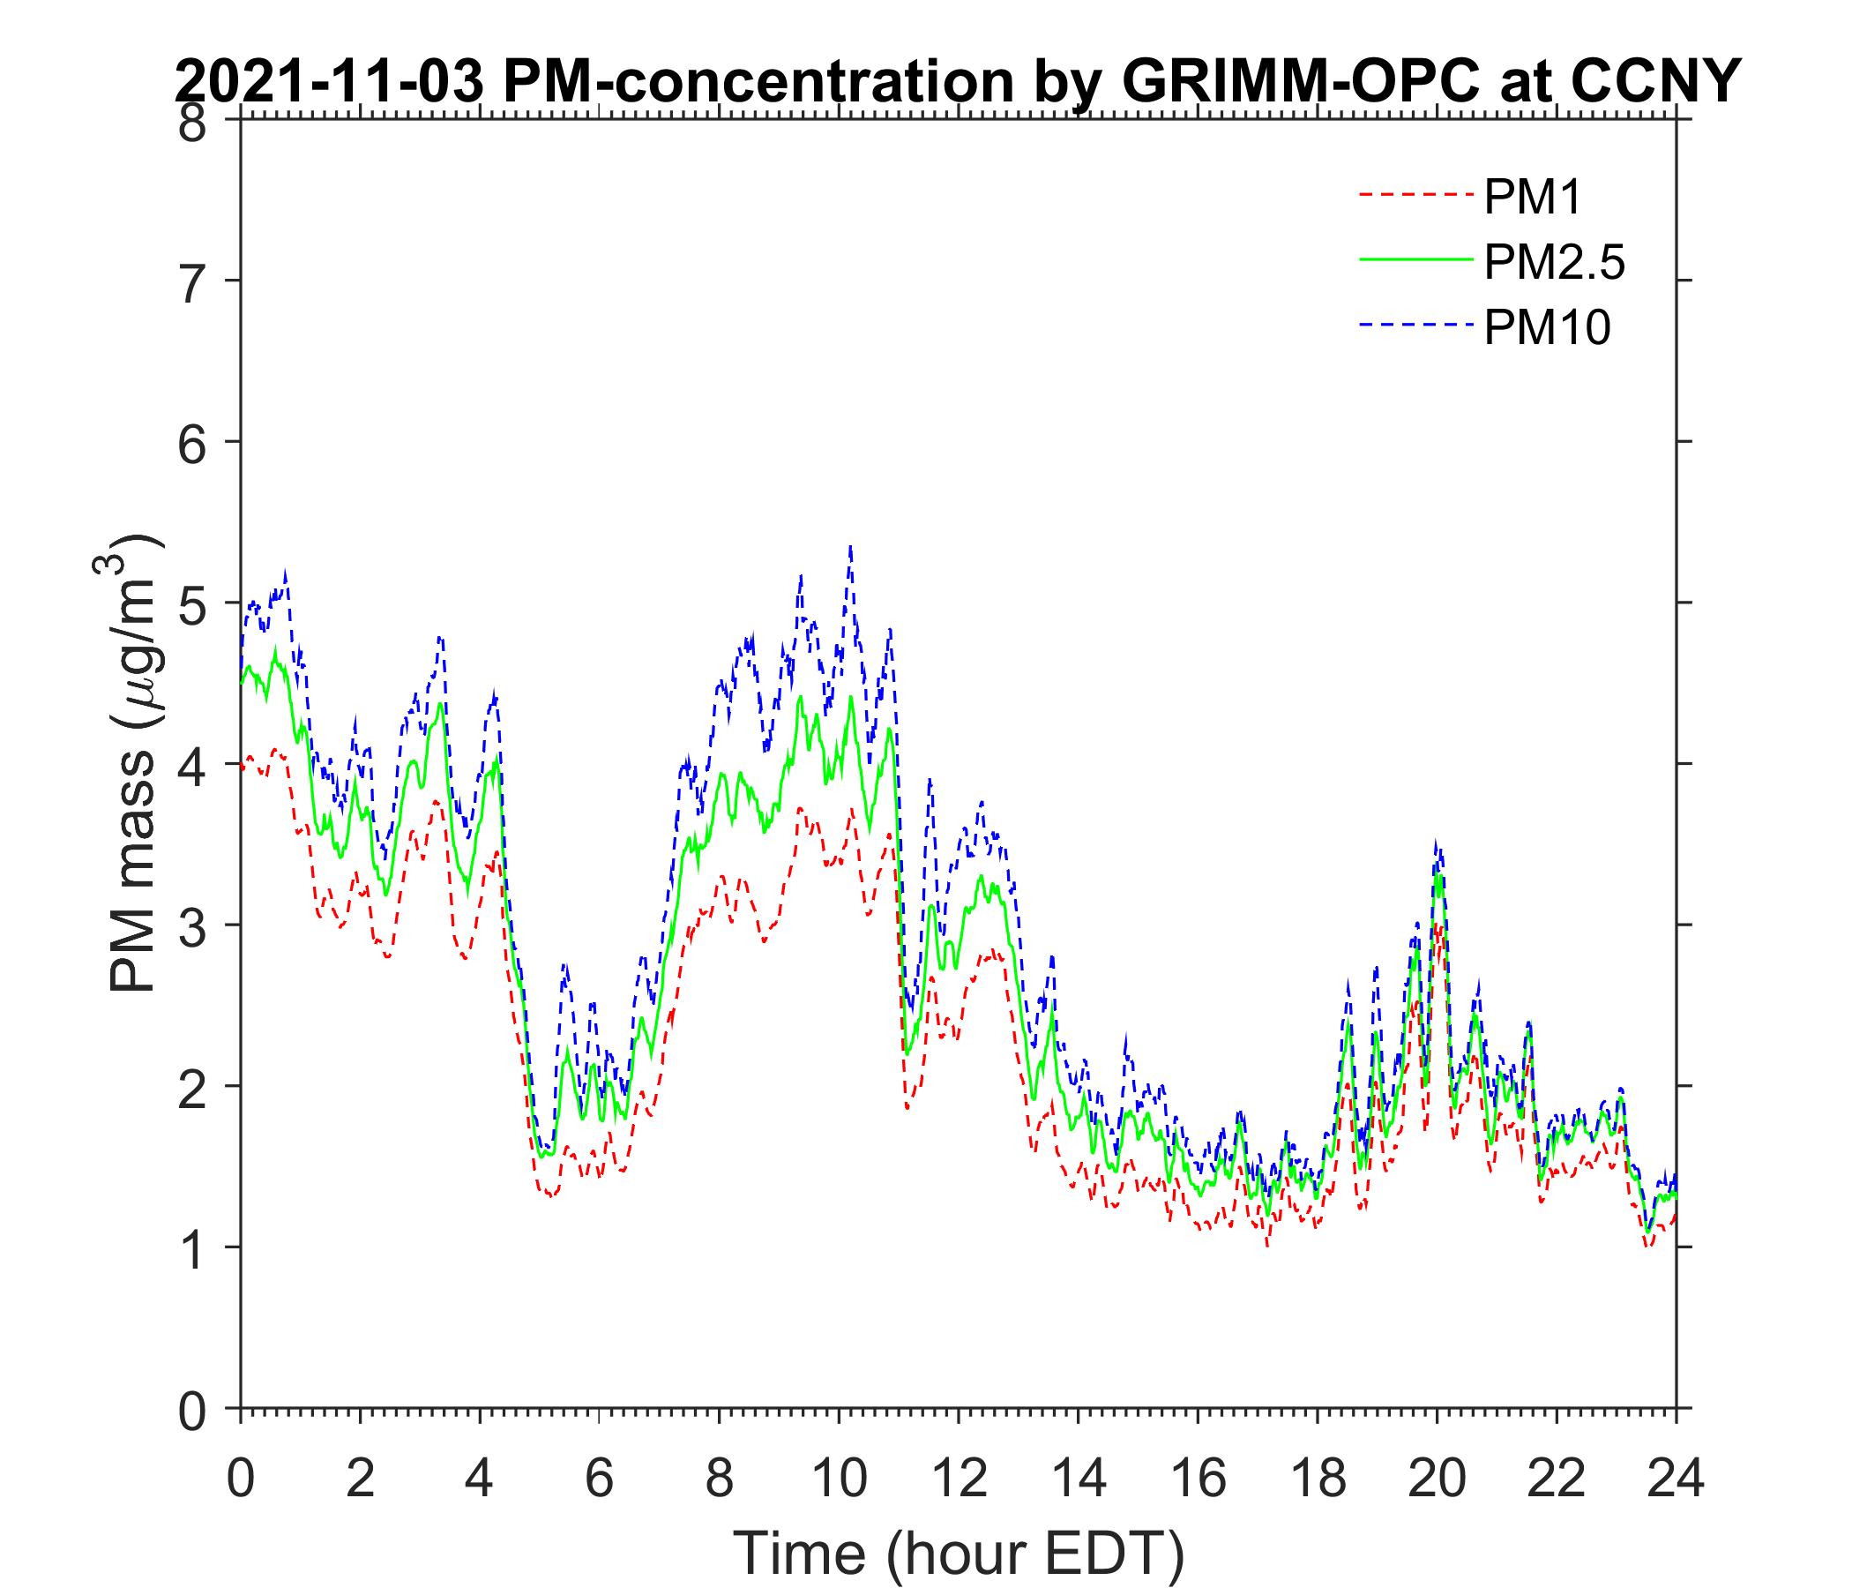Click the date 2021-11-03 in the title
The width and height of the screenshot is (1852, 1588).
[x=331, y=83]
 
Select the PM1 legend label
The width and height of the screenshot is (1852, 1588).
[x=1532, y=198]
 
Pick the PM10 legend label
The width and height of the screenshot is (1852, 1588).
[x=1546, y=328]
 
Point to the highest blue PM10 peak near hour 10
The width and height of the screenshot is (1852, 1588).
[x=850, y=546]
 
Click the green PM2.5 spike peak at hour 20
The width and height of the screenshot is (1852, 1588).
[x=1438, y=873]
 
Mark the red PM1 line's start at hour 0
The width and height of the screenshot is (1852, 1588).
[x=243, y=768]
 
